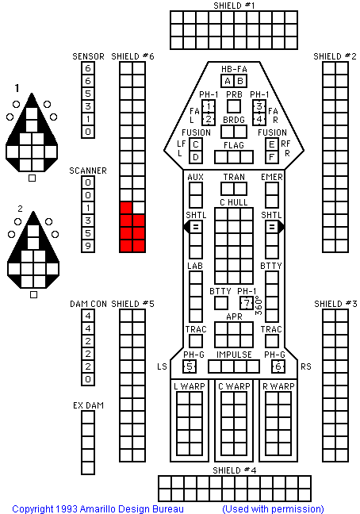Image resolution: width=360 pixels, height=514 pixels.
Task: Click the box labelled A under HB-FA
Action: (228, 81)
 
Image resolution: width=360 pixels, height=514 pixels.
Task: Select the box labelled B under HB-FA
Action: (240, 81)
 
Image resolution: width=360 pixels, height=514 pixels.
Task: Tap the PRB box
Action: (234, 106)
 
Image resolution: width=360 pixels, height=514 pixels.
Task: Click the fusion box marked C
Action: (196, 144)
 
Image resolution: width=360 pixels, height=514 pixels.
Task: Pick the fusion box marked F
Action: (272, 157)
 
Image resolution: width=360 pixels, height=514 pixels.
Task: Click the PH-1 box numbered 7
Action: (247, 303)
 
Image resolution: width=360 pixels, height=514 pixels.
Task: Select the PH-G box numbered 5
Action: (190, 366)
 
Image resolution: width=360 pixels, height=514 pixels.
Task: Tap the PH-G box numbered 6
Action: (278, 366)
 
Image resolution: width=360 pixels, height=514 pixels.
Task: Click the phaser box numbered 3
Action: (259, 106)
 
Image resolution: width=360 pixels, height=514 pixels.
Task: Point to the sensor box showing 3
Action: (88, 106)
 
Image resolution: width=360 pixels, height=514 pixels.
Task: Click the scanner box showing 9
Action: (88, 246)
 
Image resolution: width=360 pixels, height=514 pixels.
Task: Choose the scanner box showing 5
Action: (88, 233)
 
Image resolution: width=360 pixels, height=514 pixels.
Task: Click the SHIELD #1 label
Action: (234, 6)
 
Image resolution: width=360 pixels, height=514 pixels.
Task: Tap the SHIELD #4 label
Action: (234, 470)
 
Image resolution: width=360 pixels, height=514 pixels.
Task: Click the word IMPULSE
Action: (234, 355)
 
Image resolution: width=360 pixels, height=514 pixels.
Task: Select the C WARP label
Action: (234, 386)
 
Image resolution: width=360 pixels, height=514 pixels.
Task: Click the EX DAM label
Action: (88, 405)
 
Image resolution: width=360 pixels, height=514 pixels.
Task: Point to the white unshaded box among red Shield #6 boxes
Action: (139, 208)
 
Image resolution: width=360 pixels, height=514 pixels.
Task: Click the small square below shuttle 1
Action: (32, 178)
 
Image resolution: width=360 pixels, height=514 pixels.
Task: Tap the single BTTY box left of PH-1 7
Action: (221, 303)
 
